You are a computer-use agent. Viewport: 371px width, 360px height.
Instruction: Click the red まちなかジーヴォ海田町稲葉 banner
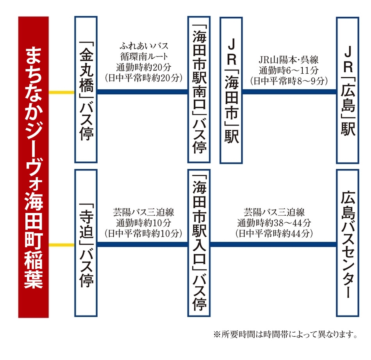tap(33, 167)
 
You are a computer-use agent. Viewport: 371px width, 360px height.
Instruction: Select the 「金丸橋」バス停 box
tap(86, 90)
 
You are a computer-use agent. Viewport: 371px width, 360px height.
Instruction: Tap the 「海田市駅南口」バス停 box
tap(199, 90)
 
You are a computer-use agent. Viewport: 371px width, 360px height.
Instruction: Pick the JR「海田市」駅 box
tap(231, 90)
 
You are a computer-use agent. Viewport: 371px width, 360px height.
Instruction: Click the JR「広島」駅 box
tap(348, 90)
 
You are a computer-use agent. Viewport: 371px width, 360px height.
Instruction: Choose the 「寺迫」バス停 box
tap(86, 243)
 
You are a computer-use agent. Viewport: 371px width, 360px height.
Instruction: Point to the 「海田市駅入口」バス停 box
tap(199, 243)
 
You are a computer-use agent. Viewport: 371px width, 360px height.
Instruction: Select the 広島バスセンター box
tap(348, 243)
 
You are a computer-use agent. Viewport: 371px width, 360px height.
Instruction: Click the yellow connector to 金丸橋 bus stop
tap(62, 92)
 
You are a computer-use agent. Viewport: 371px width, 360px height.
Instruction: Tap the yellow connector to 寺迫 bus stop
tap(62, 245)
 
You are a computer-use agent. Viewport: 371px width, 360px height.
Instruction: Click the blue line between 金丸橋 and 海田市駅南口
tap(143, 92)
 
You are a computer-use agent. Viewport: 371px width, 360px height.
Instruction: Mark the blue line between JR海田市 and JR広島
tap(289, 92)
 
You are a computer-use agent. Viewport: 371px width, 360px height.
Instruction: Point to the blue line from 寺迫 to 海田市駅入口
tap(143, 245)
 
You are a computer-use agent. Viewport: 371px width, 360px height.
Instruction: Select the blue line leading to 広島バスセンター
tap(273, 245)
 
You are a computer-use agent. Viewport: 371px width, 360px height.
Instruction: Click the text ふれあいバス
tap(144, 46)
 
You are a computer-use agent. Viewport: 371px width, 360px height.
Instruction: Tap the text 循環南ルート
tap(144, 57)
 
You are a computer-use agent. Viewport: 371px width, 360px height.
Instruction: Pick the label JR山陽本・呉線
tap(289, 60)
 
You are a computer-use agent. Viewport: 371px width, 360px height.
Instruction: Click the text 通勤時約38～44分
tap(274, 223)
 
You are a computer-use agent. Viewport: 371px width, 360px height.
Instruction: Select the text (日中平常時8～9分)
tap(289, 81)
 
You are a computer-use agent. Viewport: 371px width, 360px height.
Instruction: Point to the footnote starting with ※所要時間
tap(285, 335)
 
